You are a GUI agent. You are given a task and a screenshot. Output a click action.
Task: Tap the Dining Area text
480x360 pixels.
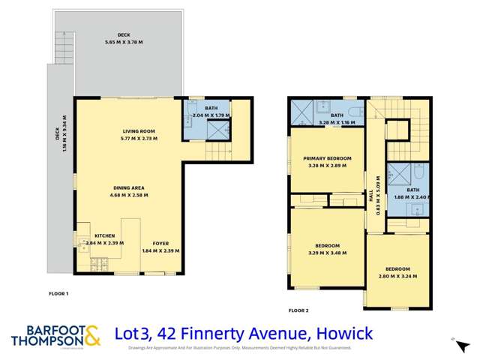(x=128, y=187)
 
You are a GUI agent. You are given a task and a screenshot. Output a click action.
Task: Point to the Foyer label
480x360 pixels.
(x=160, y=244)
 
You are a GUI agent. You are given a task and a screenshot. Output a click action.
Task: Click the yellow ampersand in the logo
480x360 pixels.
(x=91, y=336)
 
